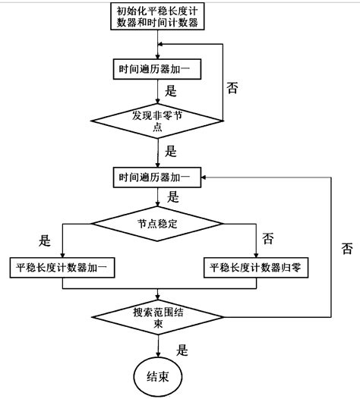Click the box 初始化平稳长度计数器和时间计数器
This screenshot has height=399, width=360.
(x=157, y=17)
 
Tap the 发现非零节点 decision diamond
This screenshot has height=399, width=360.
(x=157, y=121)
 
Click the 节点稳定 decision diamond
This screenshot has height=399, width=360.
(x=157, y=223)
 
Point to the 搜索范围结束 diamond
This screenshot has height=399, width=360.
(x=157, y=316)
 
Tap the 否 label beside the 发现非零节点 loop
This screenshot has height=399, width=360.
(x=233, y=87)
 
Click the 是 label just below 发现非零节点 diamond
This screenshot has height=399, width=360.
(x=170, y=150)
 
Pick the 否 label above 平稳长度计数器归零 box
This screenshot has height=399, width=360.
(x=267, y=238)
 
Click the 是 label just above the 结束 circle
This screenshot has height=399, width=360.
(x=182, y=350)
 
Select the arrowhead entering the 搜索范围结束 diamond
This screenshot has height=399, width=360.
(x=157, y=297)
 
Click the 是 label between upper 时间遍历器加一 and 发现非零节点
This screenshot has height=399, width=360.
(x=170, y=89)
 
